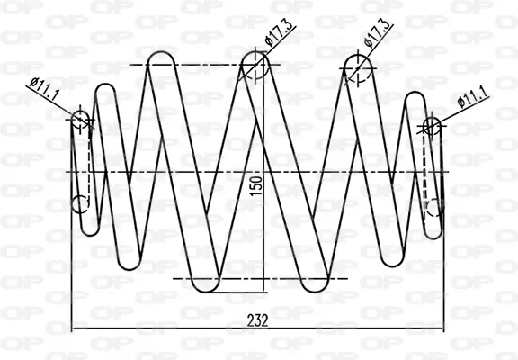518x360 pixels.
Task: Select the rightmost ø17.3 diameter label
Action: (x=378, y=34)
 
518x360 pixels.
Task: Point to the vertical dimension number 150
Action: (x=256, y=185)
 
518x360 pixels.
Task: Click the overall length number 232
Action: (x=258, y=320)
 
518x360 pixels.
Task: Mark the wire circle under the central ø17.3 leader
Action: (x=255, y=65)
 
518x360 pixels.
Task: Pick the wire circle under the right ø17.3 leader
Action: (x=358, y=68)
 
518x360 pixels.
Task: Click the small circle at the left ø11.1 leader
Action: (x=80, y=120)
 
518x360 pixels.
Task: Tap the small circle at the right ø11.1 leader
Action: (x=432, y=126)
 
